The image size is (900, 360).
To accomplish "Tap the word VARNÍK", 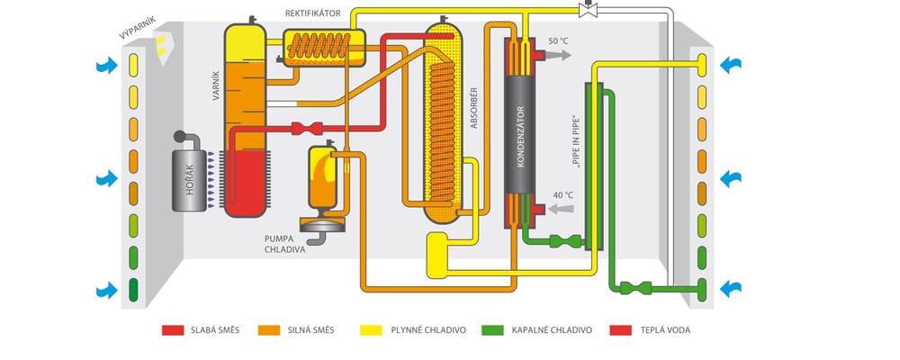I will point(216,85).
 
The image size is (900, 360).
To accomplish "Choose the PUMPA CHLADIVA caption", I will point(283,244).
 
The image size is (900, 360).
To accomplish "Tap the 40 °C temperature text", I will point(563,195).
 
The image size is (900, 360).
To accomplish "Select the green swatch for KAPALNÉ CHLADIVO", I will point(494,330).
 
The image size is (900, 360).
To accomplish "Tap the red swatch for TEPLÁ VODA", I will point(621,330).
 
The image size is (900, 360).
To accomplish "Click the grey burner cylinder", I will point(190,180).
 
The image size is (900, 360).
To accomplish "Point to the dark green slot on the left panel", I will point(133,290).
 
